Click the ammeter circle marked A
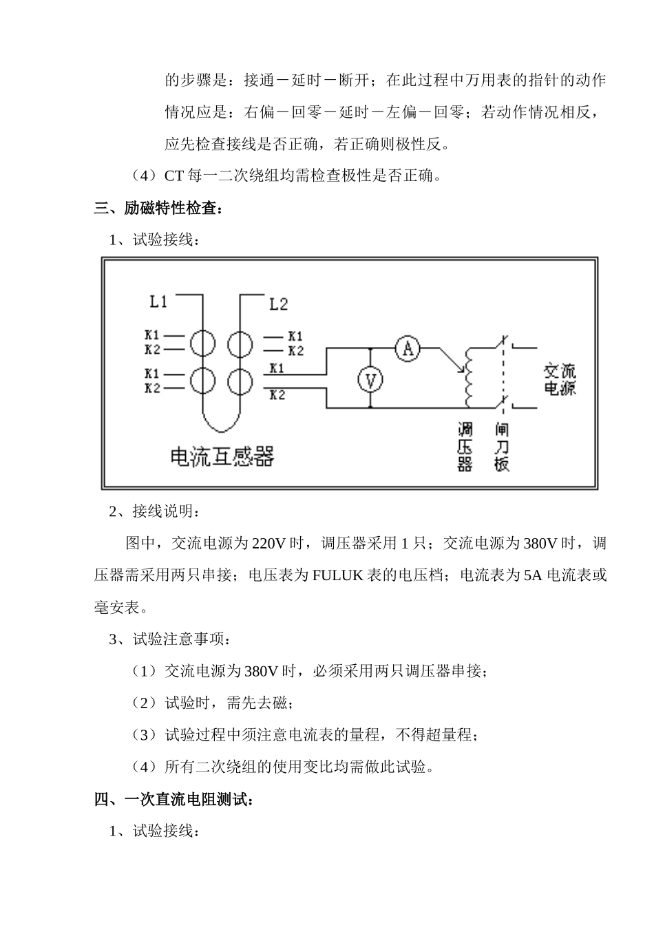click(408, 349)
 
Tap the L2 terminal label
click(278, 304)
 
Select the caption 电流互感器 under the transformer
click(222, 456)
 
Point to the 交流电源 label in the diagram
click(559, 379)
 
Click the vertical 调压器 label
click(465, 447)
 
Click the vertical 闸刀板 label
click(502, 447)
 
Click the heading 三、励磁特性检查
click(158, 208)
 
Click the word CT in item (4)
click(173, 176)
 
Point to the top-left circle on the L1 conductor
click(203, 342)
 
